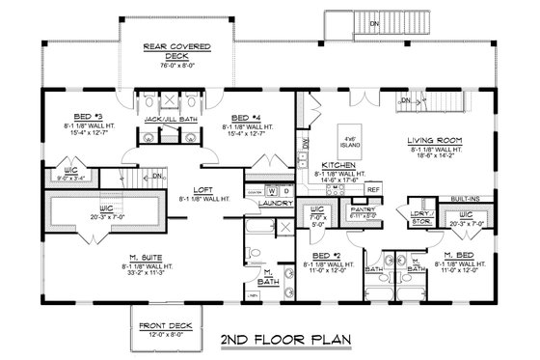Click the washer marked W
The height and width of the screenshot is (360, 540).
258,190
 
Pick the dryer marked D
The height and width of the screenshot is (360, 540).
273,190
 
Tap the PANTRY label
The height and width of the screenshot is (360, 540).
362,208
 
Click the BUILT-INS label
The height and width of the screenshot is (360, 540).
467,200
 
